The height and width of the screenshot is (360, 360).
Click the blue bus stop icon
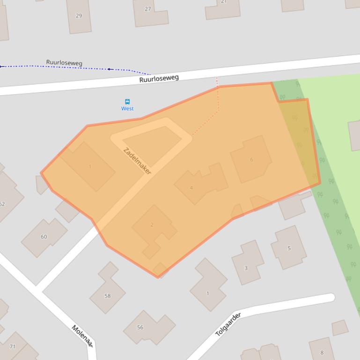[127, 101]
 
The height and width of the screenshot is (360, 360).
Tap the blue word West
[127, 108]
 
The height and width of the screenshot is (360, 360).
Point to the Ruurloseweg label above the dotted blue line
[64, 63]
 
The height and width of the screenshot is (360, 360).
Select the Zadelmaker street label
[137, 160]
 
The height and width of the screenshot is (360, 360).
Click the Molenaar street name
[82, 335]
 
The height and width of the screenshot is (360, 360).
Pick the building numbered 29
[79, 16]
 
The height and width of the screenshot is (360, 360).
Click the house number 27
[148, 9]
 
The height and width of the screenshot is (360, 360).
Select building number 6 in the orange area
[251, 159]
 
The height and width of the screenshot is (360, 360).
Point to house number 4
[191, 188]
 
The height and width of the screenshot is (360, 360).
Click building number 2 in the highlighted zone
[152, 225]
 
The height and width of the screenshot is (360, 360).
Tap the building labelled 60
[44, 237]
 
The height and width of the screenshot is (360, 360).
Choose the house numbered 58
[108, 295]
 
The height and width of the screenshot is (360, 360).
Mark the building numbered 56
[140, 327]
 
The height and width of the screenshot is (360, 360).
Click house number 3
[246, 268]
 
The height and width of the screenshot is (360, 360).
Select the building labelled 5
[289, 248]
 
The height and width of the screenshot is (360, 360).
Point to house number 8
[322, 353]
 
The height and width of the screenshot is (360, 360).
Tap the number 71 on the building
[13, 346]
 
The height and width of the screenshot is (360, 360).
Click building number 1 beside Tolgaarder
[207, 293]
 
